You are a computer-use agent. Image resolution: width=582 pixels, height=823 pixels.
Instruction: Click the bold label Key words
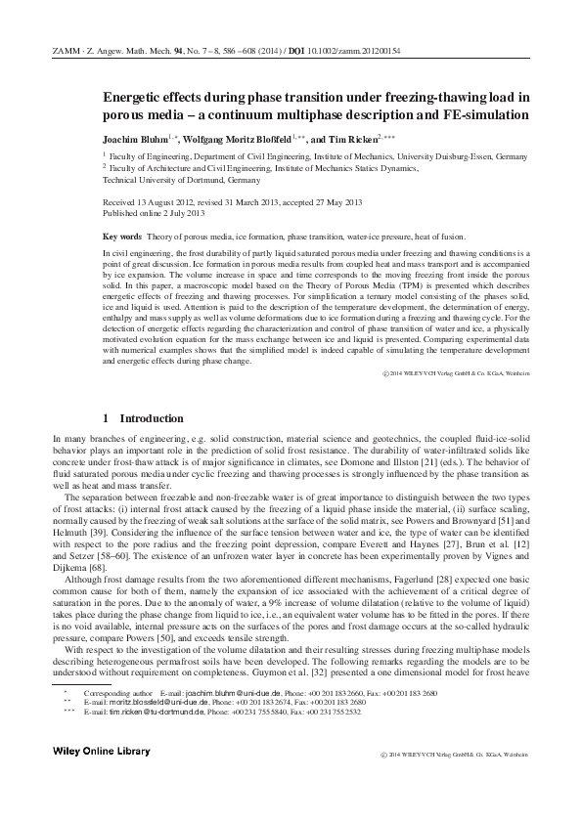[122, 238]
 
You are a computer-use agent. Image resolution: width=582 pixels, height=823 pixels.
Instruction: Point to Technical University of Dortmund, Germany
[182, 180]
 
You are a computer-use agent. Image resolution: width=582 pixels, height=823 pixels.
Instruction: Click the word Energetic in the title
[138, 97]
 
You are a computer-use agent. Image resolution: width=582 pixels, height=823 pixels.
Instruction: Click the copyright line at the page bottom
[453, 756]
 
